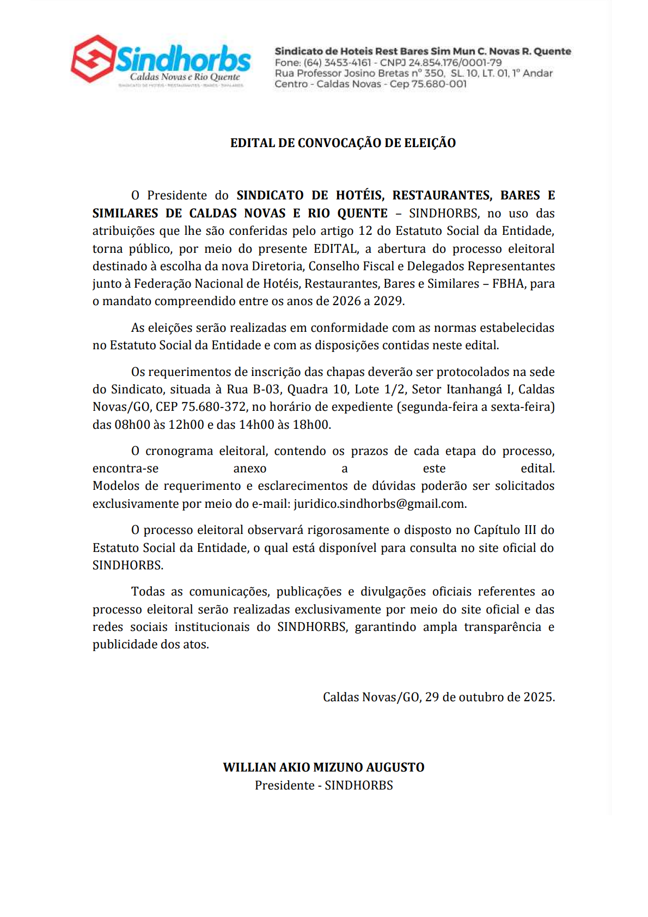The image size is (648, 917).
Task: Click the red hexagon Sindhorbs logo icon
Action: tap(93, 58)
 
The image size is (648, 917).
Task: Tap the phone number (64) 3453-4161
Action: tap(338, 63)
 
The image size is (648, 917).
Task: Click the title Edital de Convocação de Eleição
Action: tap(343, 143)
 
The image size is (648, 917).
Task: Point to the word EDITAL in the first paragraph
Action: tap(335, 248)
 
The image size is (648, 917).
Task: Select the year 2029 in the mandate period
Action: tap(388, 301)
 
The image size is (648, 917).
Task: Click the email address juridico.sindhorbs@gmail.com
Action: tap(379, 503)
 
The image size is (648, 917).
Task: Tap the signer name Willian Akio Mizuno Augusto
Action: tap(323, 767)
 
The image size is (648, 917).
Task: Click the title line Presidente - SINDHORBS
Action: tap(323, 785)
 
